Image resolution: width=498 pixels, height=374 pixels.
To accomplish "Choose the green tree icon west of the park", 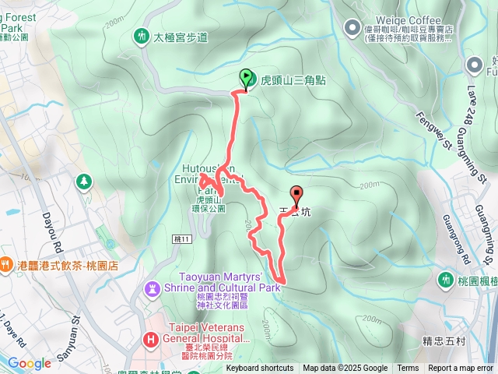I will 82,182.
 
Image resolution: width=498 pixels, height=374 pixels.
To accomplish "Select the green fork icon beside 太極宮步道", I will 141,36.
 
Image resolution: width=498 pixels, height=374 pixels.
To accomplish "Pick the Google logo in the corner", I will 29,363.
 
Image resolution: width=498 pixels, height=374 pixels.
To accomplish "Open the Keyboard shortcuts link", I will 260,369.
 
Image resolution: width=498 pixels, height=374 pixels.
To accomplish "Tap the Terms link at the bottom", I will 408,369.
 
